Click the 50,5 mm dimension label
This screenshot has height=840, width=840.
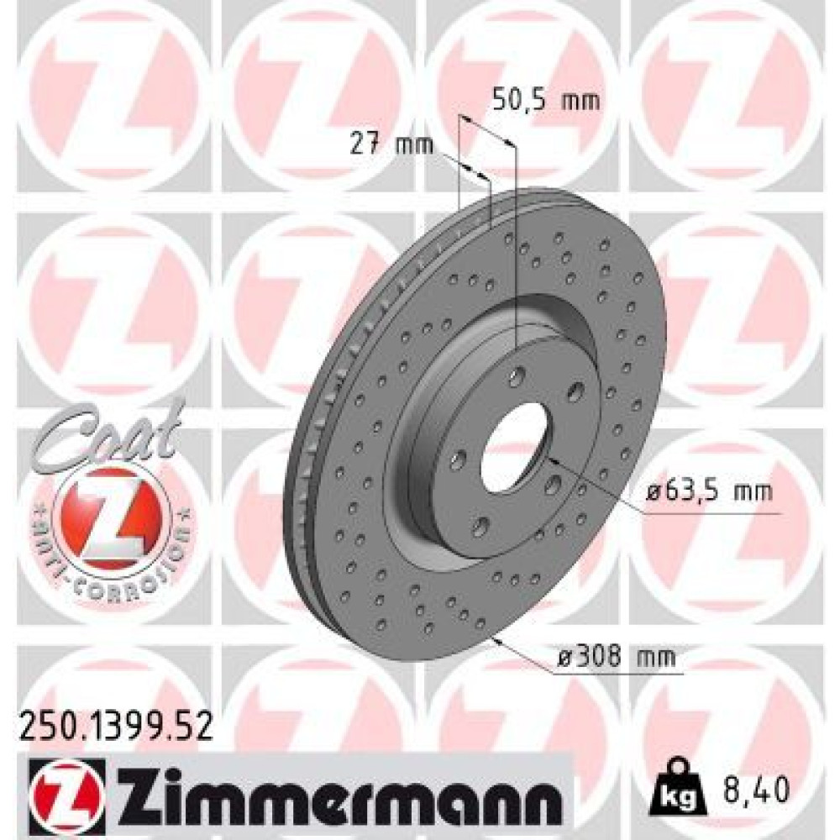pos(545,100)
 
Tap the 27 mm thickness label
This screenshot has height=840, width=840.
pos(391,144)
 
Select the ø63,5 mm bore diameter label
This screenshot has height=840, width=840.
pos(708,491)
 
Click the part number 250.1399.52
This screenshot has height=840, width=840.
pos(116,726)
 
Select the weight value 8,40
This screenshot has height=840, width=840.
pos(756,789)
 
